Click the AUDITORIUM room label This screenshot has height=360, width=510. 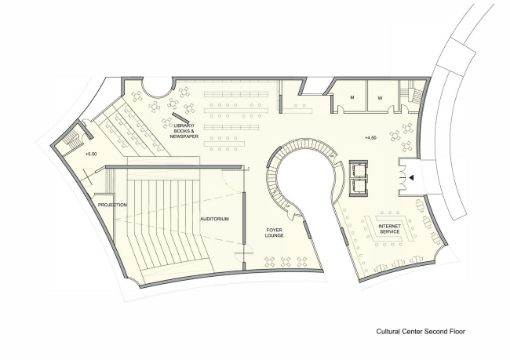[x=214, y=219]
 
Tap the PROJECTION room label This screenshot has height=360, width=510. [x=111, y=205]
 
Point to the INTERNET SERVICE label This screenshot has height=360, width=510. [x=389, y=228]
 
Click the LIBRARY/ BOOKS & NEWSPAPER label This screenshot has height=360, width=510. [x=185, y=130]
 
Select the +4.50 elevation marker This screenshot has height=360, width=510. [x=371, y=138]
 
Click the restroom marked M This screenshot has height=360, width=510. [x=353, y=98]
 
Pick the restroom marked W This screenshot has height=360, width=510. [x=380, y=98]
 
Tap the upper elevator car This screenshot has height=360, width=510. [x=359, y=168]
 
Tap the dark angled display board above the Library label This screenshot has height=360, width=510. [x=179, y=115]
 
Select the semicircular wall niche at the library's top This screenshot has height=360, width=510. [x=157, y=85]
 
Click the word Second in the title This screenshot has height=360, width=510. [x=424, y=332]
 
